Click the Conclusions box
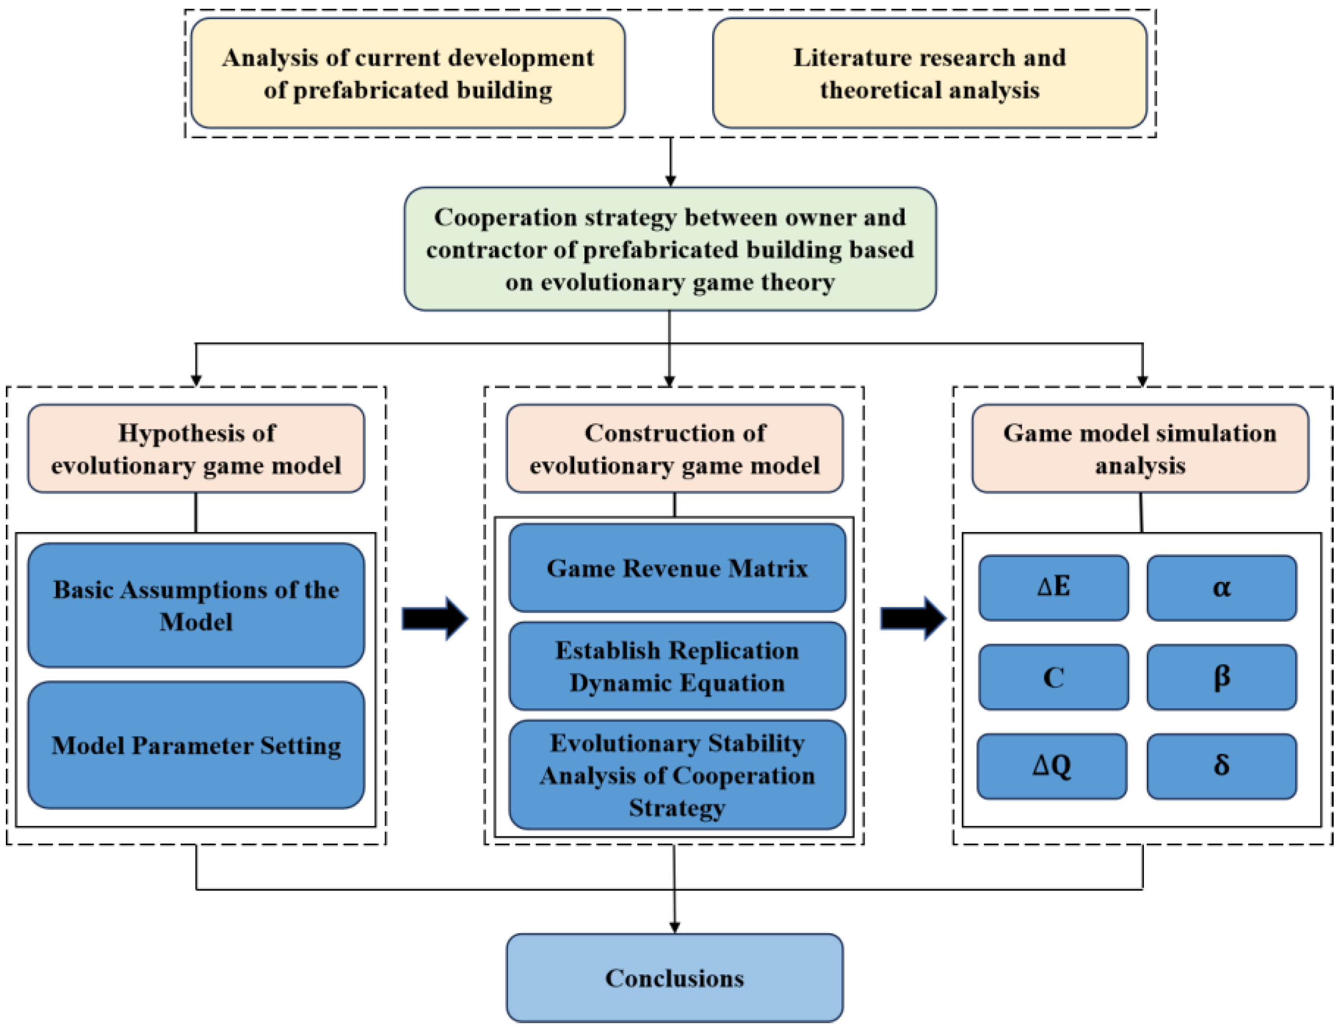click(674, 977)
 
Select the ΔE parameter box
click(1053, 587)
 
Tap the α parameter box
click(1221, 587)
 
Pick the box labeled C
click(1053, 677)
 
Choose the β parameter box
click(1221, 677)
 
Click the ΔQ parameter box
click(1052, 766)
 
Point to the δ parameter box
click(1221, 766)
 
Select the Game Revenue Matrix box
click(677, 568)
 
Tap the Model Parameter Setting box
click(196, 745)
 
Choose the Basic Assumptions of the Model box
click(196, 605)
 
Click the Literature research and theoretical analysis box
click(929, 73)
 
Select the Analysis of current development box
click(408, 73)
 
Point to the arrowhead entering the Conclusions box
click(674, 926)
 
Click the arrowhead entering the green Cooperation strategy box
click(671, 180)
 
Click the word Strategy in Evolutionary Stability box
click(677, 807)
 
